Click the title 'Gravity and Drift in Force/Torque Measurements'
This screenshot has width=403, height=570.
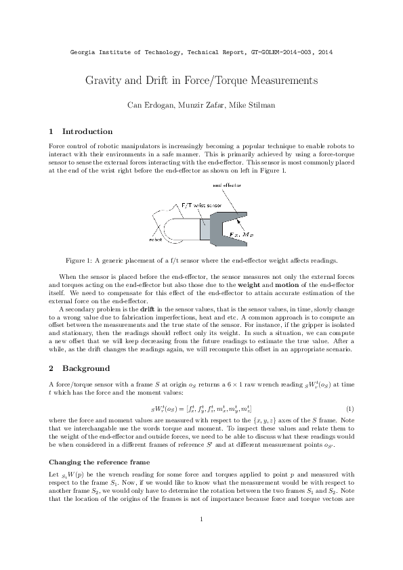point(201,81)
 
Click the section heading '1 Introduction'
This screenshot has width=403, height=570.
point(81,131)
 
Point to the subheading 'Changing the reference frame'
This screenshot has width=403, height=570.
point(97,462)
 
